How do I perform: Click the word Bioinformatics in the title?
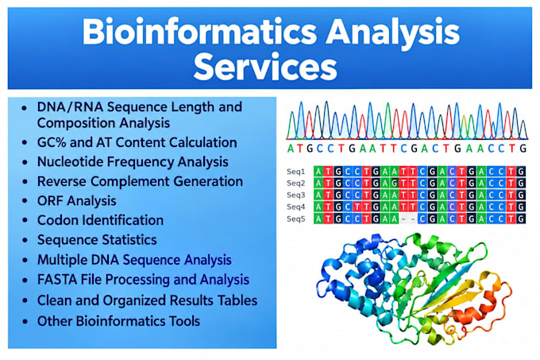199,32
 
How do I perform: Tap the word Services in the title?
265,68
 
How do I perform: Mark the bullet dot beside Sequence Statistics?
25,240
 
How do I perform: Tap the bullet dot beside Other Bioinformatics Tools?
25,321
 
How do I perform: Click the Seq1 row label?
296,171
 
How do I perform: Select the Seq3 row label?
296,195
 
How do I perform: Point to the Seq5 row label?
296,219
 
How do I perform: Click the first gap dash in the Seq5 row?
403,219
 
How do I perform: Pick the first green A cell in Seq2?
318,183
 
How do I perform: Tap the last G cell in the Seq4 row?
522,207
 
